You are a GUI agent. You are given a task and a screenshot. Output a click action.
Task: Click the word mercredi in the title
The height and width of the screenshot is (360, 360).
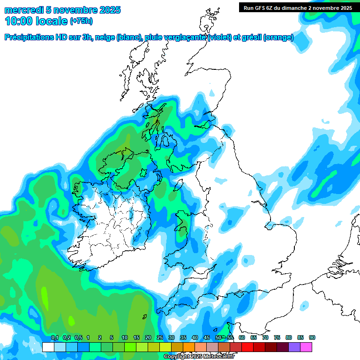coord(21,10)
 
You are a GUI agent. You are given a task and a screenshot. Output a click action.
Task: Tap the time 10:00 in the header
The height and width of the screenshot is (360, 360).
coord(19,21)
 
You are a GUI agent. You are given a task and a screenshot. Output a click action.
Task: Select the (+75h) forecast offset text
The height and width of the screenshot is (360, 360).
coord(81,21)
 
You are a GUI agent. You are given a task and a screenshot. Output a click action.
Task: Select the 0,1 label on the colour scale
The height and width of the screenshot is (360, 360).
coord(54,338)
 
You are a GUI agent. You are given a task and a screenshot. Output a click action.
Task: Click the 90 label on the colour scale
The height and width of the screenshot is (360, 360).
coord(312,338)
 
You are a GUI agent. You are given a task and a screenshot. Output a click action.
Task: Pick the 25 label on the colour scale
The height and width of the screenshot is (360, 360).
coord(160,338)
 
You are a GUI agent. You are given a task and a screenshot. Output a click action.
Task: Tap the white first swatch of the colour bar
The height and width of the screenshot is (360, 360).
coord(48,347)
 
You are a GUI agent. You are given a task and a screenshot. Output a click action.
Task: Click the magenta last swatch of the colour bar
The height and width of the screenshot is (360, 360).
coord(306,347)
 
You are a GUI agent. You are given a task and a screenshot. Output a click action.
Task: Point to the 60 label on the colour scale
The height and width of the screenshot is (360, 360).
coord(242,338)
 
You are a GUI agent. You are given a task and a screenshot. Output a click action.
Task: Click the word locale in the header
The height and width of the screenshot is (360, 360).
coord(51,21)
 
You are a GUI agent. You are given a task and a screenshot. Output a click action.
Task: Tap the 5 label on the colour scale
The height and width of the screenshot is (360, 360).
coord(112,338)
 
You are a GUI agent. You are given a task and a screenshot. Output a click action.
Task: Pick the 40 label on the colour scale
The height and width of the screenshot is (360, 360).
coord(195,338)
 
